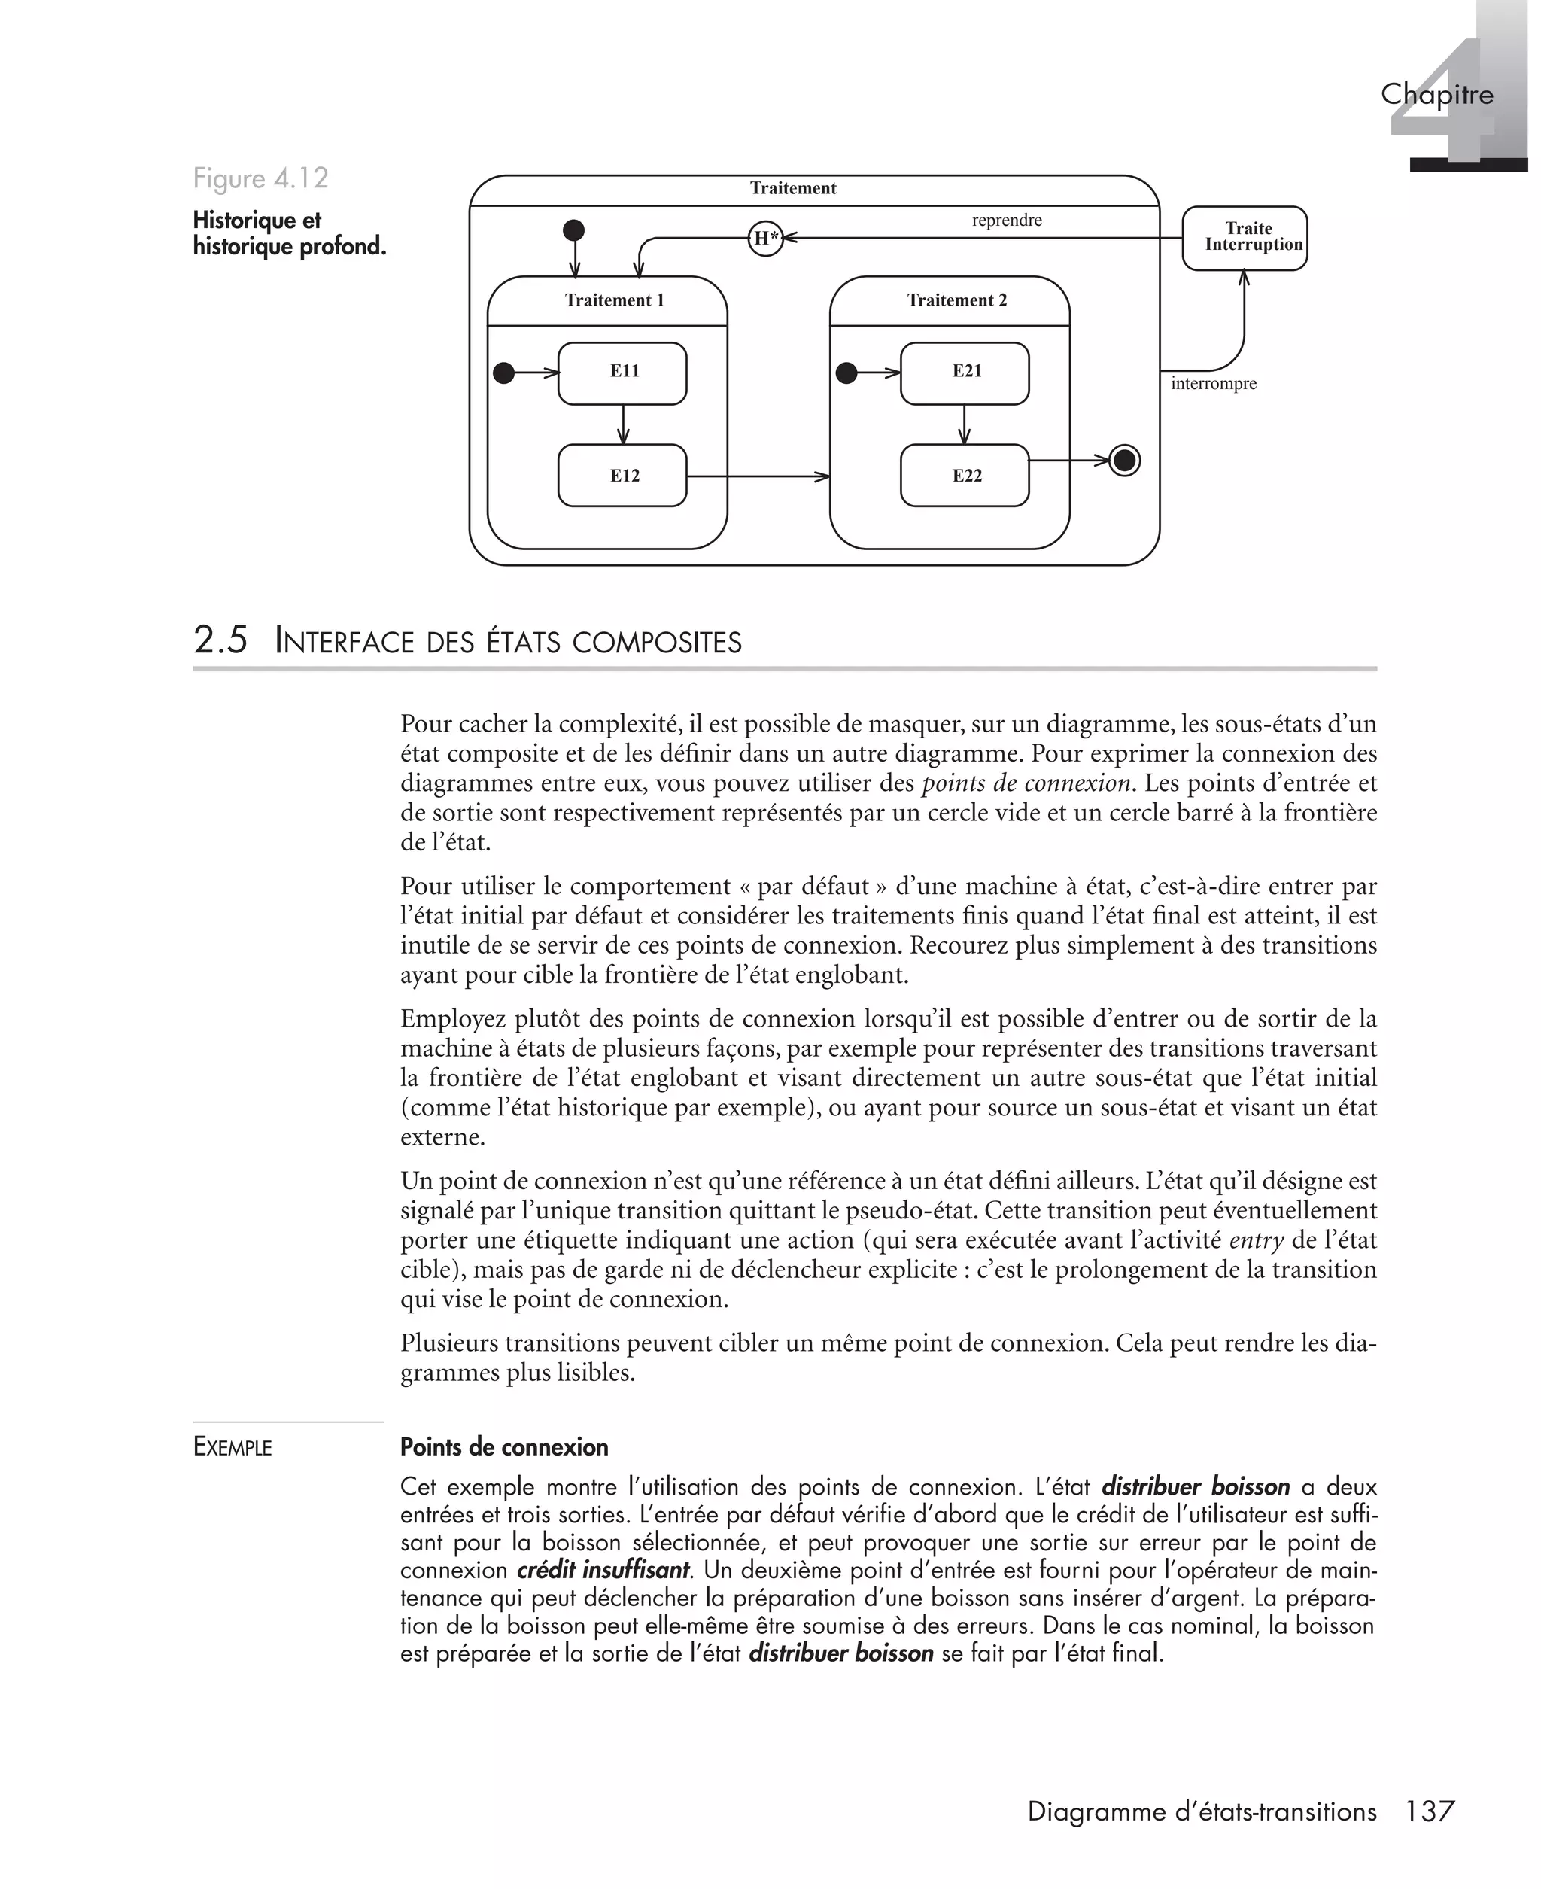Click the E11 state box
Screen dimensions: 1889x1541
click(622, 373)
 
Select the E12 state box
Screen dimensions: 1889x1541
click(622, 476)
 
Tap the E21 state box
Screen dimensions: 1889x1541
click(965, 373)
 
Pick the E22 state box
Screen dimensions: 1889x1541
click(965, 476)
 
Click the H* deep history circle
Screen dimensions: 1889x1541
click(765, 238)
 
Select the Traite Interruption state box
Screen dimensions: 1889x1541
click(1245, 238)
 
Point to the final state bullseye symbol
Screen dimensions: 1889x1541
click(1125, 461)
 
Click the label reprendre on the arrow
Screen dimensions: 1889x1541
click(1007, 221)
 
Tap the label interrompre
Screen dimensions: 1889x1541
click(1213, 384)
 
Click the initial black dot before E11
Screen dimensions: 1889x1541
click(503, 373)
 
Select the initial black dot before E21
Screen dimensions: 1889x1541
click(846, 373)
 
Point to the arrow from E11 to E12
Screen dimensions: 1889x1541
click(623, 424)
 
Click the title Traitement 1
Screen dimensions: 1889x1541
click(614, 300)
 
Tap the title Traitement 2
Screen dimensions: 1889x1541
click(957, 300)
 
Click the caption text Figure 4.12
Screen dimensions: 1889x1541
click(261, 178)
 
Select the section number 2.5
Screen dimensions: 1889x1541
click(220, 641)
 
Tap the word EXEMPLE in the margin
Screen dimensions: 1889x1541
click(233, 1448)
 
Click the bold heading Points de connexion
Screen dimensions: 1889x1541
click(504, 1448)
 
